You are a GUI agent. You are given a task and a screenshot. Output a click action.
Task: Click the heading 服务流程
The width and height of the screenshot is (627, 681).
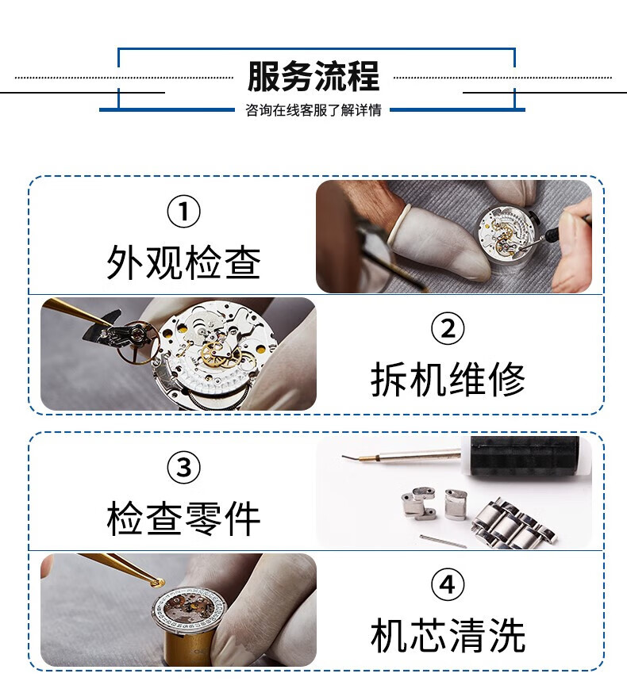coord(313,76)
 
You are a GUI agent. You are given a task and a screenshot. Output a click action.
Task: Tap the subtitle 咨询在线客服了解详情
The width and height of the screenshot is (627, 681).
coord(313,110)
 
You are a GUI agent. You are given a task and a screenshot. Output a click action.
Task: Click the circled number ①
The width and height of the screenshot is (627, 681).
coord(183,212)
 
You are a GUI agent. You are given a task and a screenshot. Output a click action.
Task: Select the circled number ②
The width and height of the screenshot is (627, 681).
coord(448,329)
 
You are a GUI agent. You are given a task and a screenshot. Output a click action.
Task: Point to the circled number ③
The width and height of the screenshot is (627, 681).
coord(183,468)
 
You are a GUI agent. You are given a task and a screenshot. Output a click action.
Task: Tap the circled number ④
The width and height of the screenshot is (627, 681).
coord(448,584)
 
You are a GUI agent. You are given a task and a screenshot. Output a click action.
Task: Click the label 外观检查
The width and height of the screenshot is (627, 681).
coord(183,262)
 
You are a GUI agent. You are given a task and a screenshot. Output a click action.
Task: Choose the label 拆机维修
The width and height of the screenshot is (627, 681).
coord(448,379)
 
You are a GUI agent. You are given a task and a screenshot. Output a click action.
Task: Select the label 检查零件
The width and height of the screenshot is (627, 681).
coord(183,518)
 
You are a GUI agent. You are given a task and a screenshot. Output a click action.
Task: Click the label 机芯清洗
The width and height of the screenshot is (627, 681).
coord(448,635)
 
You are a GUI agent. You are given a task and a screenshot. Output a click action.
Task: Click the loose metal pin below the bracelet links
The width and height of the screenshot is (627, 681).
coord(443,541)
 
